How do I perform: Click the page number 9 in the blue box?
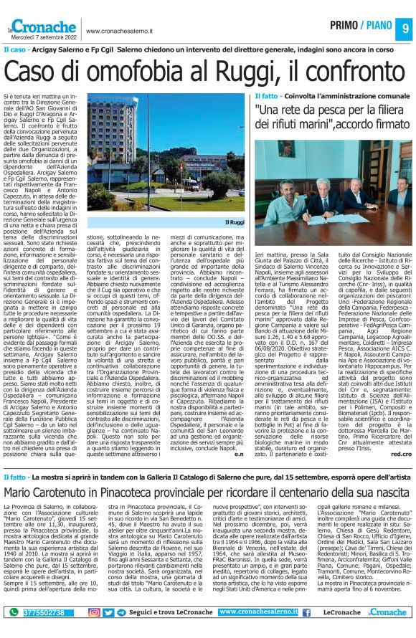pos(405,28)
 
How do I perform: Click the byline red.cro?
pos(402,454)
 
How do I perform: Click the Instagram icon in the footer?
pos(94,613)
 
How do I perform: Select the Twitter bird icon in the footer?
pos(108,613)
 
